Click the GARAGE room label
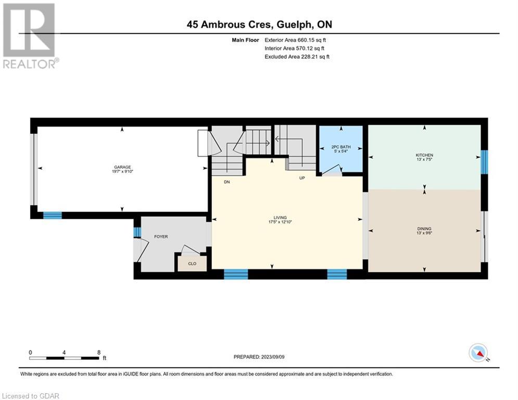click(x=122, y=167)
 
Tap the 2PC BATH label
click(x=341, y=147)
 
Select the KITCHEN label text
click(x=424, y=155)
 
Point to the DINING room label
click(x=424, y=229)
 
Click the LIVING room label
click(x=280, y=218)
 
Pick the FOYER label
click(x=161, y=236)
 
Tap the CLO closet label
click(x=192, y=264)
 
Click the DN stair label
click(x=227, y=182)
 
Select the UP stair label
click(x=302, y=178)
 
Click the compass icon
click(x=478, y=353)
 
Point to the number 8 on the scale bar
click(x=99, y=353)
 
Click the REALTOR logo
click(x=30, y=36)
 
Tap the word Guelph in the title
click(x=294, y=24)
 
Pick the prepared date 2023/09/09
click(x=273, y=357)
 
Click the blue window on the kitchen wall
click(x=484, y=162)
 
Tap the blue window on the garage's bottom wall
click(x=53, y=216)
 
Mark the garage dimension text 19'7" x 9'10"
click(x=122, y=171)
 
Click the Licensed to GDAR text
click(x=31, y=396)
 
